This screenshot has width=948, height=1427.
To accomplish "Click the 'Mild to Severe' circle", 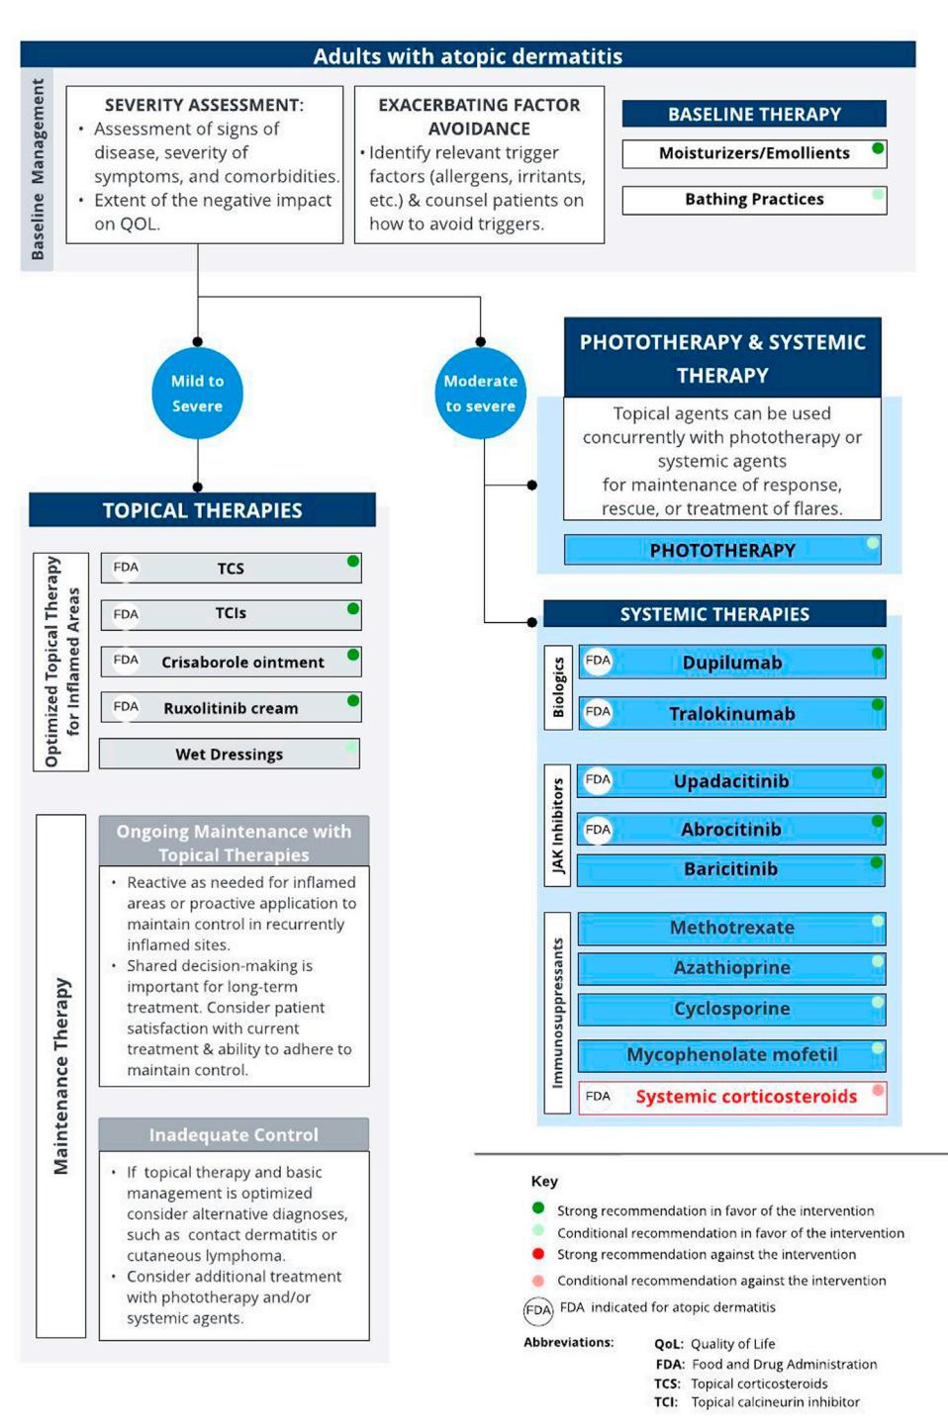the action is [198, 393].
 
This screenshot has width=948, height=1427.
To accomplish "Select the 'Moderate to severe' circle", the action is [481, 393].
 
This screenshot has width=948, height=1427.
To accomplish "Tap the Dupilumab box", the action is [732, 662].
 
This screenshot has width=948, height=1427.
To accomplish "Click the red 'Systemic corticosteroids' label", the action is [746, 1097].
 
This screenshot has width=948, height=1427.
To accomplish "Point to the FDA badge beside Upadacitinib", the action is [598, 779].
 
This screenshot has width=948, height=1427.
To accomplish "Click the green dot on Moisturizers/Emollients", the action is [878, 148].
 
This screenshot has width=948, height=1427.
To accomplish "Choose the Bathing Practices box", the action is [754, 200].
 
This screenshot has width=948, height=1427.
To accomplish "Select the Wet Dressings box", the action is [230, 754].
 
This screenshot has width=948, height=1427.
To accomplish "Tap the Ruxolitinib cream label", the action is [231, 708].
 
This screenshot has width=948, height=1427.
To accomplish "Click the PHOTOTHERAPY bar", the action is [722, 550].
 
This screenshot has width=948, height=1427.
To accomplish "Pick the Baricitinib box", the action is [730, 869].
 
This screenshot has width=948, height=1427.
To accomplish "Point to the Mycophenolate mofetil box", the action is [732, 1055].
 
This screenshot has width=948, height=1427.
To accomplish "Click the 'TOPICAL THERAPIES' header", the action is [202, 509].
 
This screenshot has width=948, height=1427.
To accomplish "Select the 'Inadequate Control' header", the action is [234, 1134].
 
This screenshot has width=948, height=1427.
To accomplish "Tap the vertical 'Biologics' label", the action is [558, 687].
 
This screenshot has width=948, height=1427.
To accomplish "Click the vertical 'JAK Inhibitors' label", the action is [558, 825].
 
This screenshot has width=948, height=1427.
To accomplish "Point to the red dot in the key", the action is [538, 1254].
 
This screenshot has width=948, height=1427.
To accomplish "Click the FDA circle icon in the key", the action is [538, 1310].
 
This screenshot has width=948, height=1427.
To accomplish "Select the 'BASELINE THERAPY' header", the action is [754, 114].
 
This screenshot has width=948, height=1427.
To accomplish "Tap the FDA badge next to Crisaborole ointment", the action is [126, 660].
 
